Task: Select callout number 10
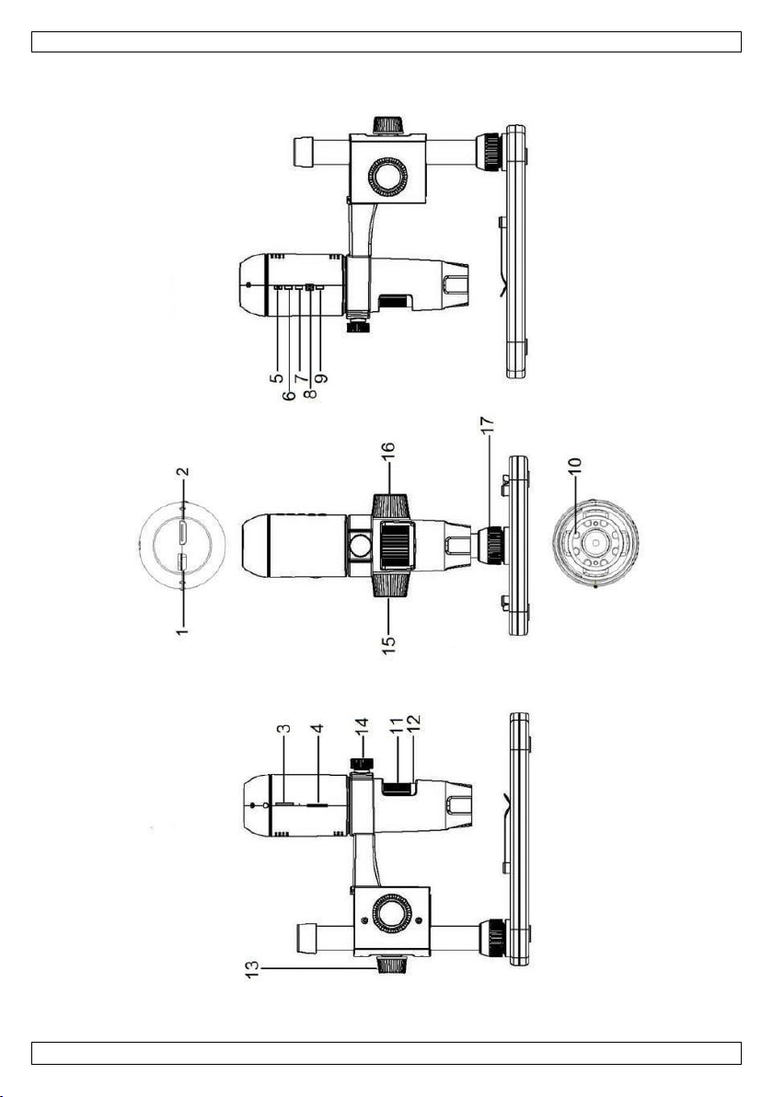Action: [x=574, y=468]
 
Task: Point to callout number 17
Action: [x=488, y=427]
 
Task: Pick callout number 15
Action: [x=389, y=643]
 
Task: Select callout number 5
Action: [x=277, y=378]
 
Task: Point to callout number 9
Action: [x=321, y=378]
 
